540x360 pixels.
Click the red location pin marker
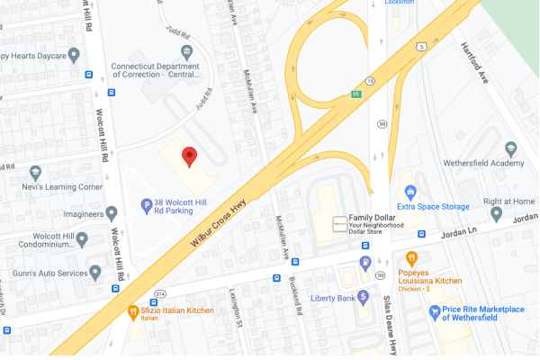(x=189, y=157)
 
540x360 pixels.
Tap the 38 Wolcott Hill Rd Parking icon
(x=147, y=205)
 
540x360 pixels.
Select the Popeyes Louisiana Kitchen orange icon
(x=412, y=259)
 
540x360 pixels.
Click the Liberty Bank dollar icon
(x=364, y=296)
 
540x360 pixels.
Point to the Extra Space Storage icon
(x=410, y=191)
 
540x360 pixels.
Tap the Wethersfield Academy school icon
(x=511, y=148)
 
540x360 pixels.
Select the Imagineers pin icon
(x=112, y=213)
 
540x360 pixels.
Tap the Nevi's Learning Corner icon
(x=36, y=172)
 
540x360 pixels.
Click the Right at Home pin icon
(x=496, y=214)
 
